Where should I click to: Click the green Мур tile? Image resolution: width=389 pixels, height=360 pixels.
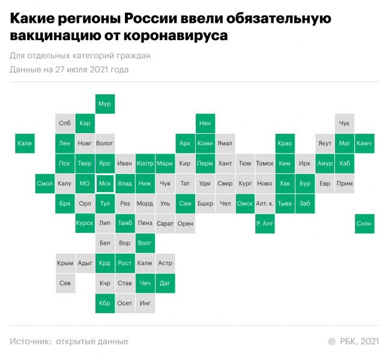tap(104, 104)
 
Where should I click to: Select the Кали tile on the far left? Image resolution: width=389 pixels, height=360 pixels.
tap(25, 143)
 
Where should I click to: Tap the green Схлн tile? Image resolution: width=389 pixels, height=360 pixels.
tap(364, 224)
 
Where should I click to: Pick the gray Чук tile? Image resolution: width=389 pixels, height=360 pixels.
tap(345, 124)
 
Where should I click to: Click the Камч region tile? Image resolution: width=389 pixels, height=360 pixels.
tap(364, 143)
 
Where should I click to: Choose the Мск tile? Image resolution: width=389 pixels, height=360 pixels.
tap(104, 184)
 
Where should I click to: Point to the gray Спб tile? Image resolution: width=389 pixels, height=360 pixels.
tap(64, 124)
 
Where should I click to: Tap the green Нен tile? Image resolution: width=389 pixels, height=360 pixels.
tap(205, 124)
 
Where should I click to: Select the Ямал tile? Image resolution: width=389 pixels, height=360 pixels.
tap(225, 143)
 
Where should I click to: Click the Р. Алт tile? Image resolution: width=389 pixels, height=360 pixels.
tap(264, 224)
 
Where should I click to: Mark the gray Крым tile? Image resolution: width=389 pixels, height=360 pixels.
tap(64, 263)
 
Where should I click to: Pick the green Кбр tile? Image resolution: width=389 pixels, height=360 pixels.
tap(104, 303)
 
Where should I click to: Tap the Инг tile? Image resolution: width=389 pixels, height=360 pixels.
tap(145, 303)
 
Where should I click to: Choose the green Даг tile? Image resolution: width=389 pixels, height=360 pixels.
tap(164, 283)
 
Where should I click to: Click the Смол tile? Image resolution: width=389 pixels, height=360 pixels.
tap(44, 184)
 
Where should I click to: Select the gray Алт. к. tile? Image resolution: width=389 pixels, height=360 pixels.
tap(264, 203)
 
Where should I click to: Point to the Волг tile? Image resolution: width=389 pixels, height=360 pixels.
tap(145, 244)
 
